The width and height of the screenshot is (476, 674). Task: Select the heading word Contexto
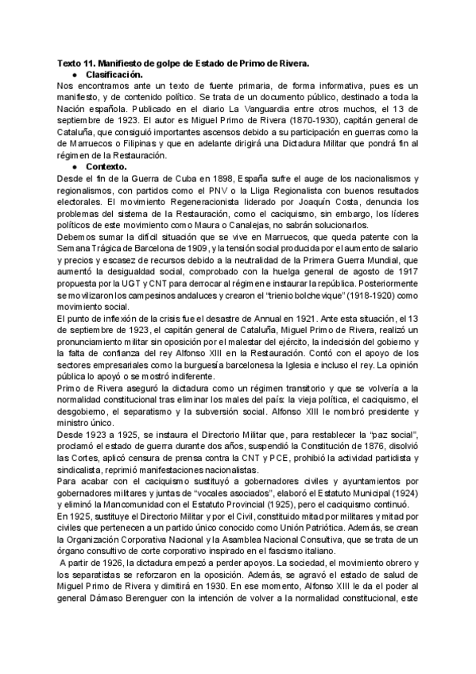tap(106, 168)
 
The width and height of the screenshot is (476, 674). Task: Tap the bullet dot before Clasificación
tap(74, 74)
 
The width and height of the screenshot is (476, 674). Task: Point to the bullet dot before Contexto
tap(74, 168)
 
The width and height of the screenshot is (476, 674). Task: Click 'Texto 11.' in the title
tap(79, 62)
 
